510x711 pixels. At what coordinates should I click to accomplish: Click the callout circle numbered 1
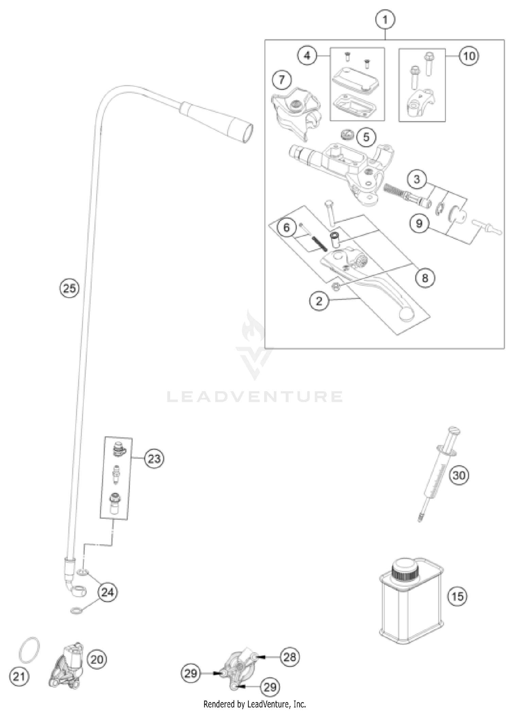[x=385, y=20]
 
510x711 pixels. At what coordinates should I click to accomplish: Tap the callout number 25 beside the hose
[x=69, y=288]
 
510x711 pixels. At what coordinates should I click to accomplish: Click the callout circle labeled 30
[x=459, y=475]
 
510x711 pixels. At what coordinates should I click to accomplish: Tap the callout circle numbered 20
[x=97, y=659]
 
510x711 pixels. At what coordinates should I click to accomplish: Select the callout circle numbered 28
[x=290, y=657]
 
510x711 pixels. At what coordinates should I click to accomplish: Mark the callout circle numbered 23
[x=154, y=459]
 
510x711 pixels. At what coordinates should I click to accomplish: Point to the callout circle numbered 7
[x=282, y=80]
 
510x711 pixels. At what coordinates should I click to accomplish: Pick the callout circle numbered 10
[x=469, y=56]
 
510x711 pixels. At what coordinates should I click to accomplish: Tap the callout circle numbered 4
[x=307, y=55]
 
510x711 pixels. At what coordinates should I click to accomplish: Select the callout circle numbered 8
[x=425, y=278]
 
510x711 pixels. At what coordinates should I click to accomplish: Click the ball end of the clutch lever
[x=406, y=314]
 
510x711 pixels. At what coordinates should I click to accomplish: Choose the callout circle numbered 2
[x=319, y=301]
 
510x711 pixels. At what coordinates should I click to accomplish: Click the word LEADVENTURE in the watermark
[x=255, y=396]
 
